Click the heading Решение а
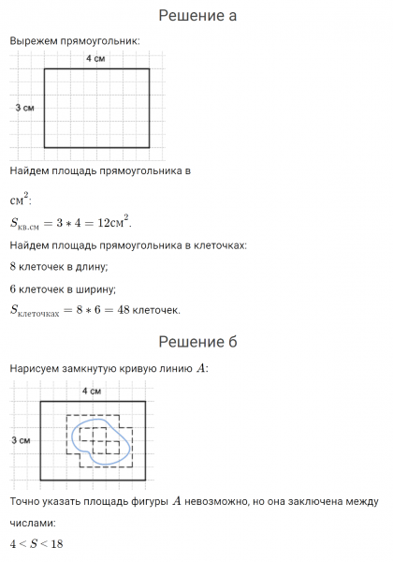(x=196, y=16)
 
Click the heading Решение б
(x=196, y=341)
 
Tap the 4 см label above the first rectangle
(x=95, y=59)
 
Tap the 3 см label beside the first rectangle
(x=25, y=109)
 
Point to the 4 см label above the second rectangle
(x=92, y=390)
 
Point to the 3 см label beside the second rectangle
(x=20, y=439)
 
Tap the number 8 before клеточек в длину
(x=13, y=267)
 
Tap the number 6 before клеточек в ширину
(x=13, y=288)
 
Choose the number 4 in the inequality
(x=13, y=544)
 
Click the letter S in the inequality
(x=33, y=544)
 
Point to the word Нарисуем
(x=35, y=368)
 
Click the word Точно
(x=25, y=502)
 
